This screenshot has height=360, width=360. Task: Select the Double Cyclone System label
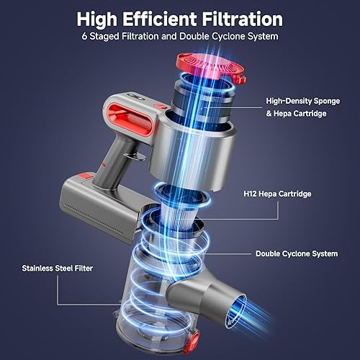[297, 253]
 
